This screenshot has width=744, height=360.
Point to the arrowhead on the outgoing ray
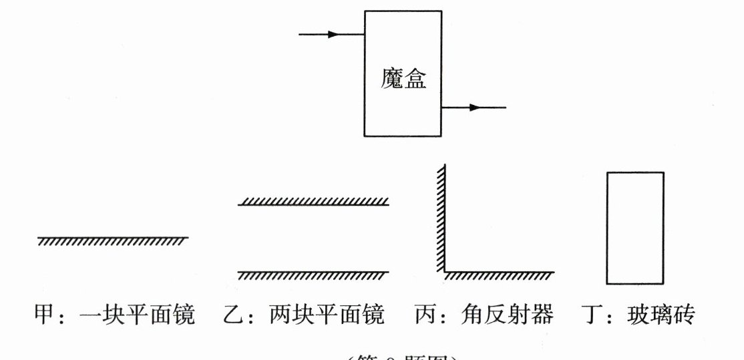point(474,107)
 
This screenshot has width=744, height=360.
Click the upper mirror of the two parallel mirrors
point(313,202)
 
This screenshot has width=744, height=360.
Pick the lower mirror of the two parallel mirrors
point(313,273)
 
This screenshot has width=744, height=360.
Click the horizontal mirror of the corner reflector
point(498,274)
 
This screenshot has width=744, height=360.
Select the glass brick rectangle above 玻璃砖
point(635,228)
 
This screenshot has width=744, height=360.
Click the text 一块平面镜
point(137,314)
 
